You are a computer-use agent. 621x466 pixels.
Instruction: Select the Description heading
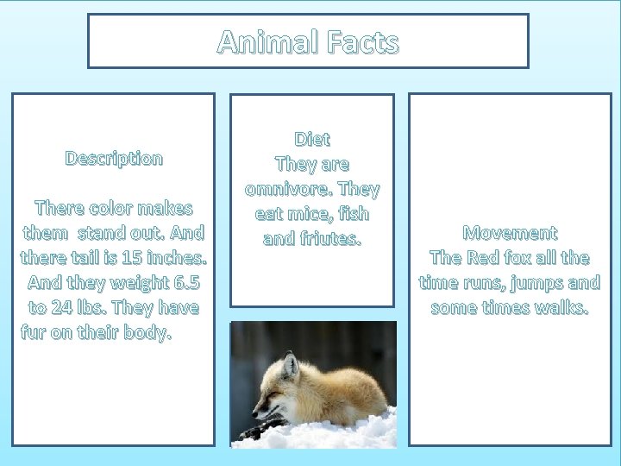tap(114, 158)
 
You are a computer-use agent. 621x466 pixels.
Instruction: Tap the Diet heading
tap(312, 138)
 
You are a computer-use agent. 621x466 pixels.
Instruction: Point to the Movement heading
tap(510, 232)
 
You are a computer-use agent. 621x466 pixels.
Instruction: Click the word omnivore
tap(288, 188)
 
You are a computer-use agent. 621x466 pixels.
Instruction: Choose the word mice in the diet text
tap(304, 213)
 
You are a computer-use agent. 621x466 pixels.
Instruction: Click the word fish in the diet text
tap(351, 213)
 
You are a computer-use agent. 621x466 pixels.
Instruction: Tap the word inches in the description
tap(176, 257)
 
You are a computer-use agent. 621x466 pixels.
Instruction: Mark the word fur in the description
tap(35, 332)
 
